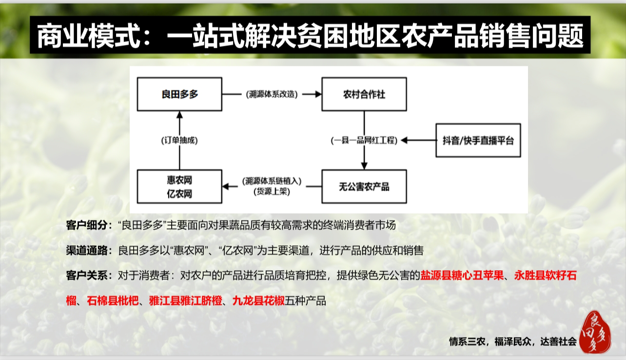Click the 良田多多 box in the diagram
click(179, 94)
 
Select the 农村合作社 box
click(364, 94)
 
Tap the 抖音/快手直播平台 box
click(478, 140)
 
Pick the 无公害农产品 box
click(364, 186)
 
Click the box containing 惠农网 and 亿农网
click(179, 187)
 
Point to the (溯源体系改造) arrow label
click(272, 94)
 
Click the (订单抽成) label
click(179, 140)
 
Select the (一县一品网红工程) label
click(364, 140)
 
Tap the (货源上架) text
click(272, 192)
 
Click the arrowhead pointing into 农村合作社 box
click(317, 94)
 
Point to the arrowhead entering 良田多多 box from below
click(179, 115)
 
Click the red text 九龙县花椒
click(258, 300)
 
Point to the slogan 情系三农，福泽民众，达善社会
click(512, 342)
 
